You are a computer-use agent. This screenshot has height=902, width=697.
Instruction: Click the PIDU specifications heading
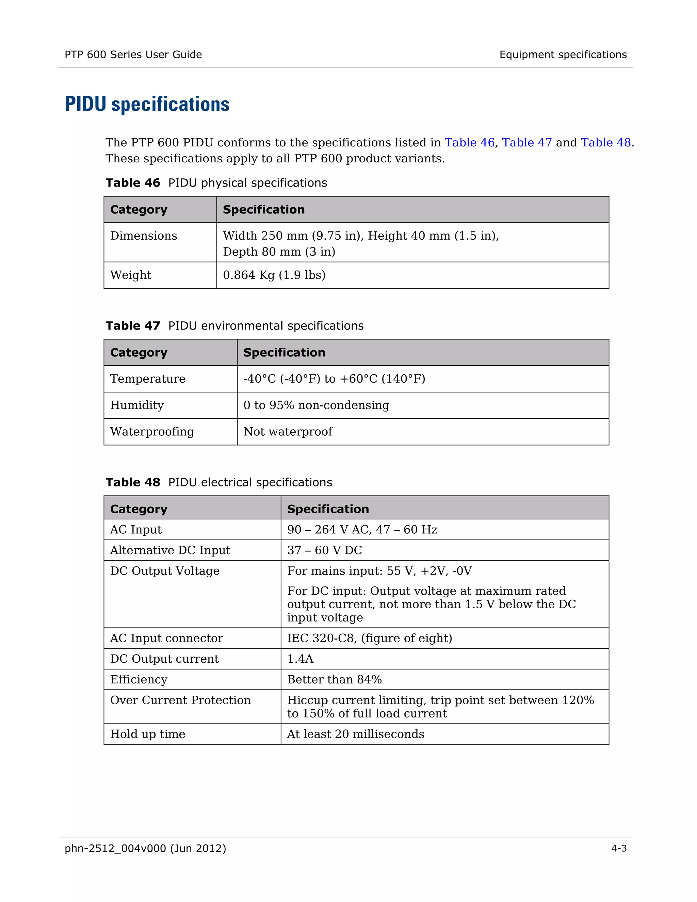coord(147,104)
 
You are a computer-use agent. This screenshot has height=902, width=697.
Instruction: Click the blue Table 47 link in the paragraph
coord(526,143)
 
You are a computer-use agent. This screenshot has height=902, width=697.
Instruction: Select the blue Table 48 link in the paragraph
coord(606,143)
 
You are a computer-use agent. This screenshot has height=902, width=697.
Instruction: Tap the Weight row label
coord(131,275)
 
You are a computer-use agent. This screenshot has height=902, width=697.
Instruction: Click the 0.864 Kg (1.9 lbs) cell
coord(274,275)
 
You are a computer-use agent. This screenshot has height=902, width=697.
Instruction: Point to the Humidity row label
coord(137,405)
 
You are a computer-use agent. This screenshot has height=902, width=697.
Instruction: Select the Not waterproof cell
coord(288,432)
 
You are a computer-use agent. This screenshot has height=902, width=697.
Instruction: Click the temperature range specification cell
coord(334,379)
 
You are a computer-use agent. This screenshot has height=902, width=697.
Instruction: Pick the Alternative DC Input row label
coord(170,550)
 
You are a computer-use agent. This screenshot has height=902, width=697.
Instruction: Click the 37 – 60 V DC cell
coord(325,550)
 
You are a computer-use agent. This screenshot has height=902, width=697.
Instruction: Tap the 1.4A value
coord(300,659)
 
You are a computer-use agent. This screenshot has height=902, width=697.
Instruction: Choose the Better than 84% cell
coord(334,679)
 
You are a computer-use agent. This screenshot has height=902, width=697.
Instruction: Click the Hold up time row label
coord(147,734)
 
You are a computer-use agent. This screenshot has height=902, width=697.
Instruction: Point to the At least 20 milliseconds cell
coord(356,734)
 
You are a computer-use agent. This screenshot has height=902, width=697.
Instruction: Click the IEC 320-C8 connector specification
coord(370,638)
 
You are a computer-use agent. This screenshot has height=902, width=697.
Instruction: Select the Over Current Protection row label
coord(180,700)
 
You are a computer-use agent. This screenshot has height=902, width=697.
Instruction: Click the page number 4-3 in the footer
coord(618,848)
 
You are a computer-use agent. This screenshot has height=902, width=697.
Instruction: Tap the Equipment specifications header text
coord(563,54)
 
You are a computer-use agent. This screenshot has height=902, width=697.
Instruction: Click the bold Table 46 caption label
coord(132,183)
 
